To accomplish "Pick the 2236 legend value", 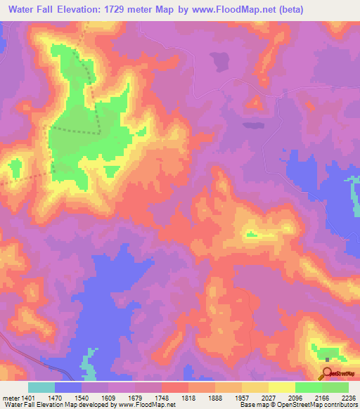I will point(347,397).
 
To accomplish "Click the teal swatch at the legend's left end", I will point(41,387).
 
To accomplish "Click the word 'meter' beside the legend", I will point(10,397).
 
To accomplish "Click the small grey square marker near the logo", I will point(327,360).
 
